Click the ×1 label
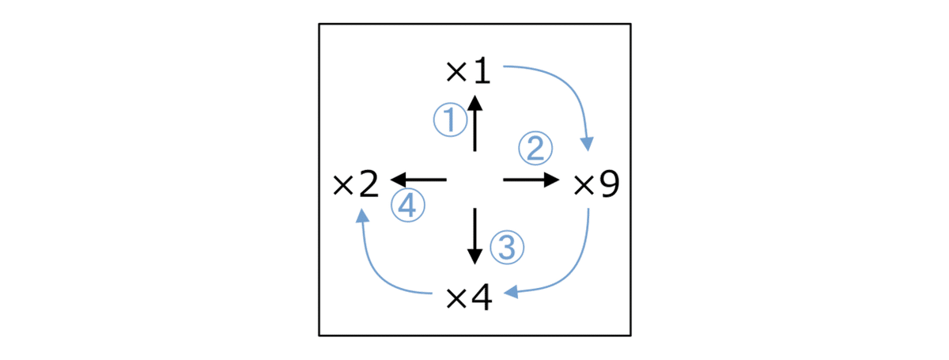(x=468, y=72)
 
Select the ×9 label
(x=596, y=184)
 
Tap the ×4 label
(x=470, y=297)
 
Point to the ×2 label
(x=356, y=185)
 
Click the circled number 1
(x=450, y=120)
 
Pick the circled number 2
(x=535, y=148)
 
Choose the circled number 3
(x=507, y=247)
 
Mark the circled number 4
(x=407, y=205)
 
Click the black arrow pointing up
(x=475, y=123)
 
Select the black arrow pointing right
(x=531, y=180)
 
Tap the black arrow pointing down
(x=475, y=237)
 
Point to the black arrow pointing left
(x=418, y=180)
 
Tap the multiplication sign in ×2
(x=343, y=186)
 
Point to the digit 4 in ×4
(x=482, y=297)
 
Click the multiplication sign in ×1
(x=457, y=72)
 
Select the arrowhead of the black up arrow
(x=475, y=103)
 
